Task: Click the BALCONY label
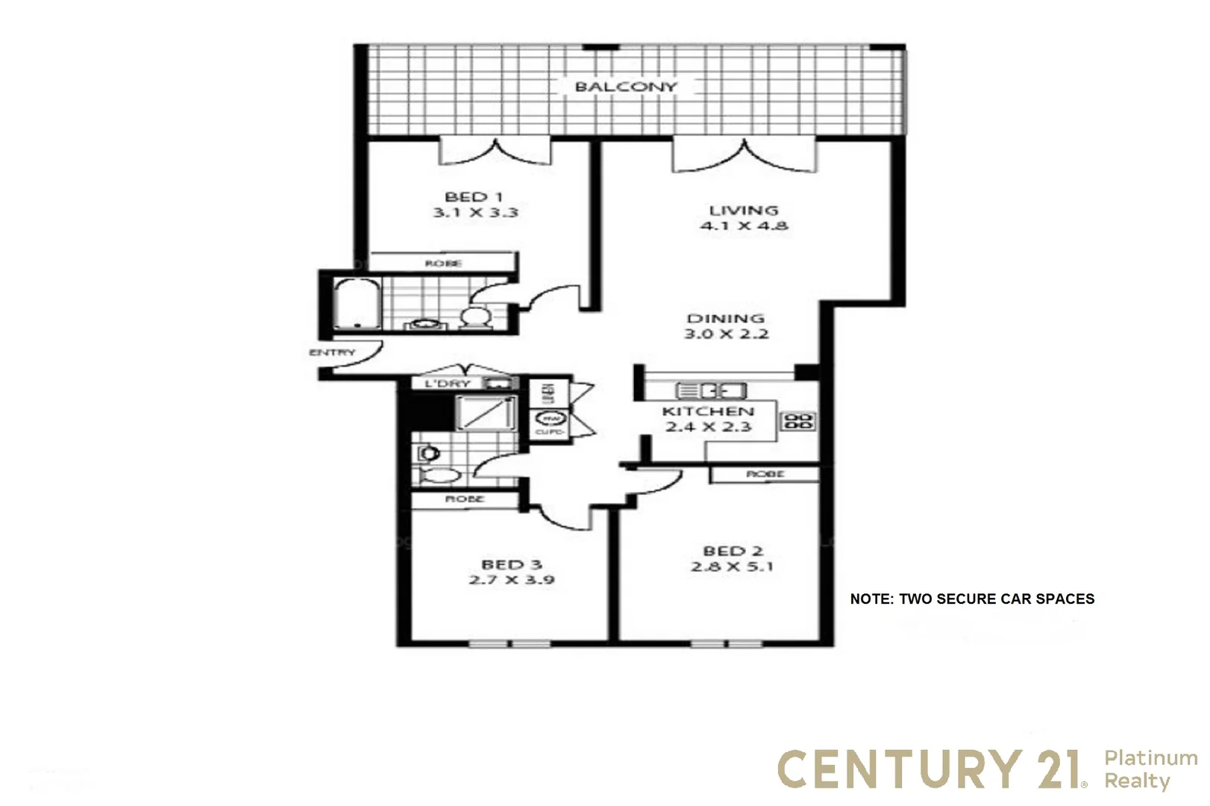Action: pos(625,87)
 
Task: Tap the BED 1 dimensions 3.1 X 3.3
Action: pos(475,213)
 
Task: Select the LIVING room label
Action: pos(743,210)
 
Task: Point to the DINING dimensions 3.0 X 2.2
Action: pos(726,334)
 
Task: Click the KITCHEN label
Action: pos(707,411)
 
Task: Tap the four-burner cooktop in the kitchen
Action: pos(797,421)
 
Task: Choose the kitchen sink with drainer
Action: pos(710,390)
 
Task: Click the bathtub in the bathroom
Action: pos(356,303)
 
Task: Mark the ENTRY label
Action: pos(332,352)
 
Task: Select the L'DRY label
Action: pos(448,384)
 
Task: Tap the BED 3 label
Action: pos(511,565)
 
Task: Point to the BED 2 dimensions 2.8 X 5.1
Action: pos(732,567)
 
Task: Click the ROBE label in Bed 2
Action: pos(765,474)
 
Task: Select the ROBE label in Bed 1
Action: pos(443,263)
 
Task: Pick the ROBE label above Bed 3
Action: pos(464,499)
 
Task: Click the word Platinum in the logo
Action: pos(1150,758)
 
